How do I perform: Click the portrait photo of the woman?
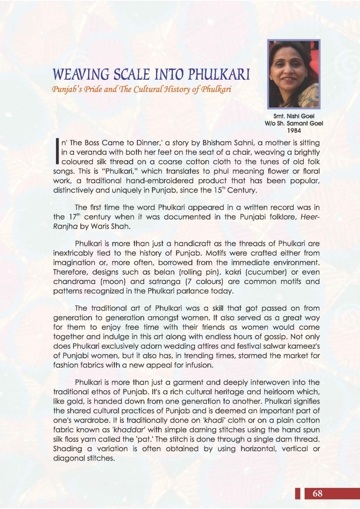(294, 74)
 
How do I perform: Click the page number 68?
(317, 493)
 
